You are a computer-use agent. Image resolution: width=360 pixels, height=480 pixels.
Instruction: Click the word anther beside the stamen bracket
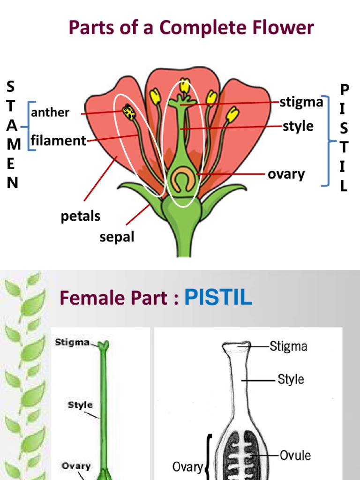coord(50,112)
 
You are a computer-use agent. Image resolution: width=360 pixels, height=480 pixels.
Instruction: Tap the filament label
coord(59,141)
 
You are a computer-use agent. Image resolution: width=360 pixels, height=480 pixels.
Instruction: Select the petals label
coord(81,216)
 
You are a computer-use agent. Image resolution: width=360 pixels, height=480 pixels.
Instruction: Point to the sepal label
coord(117,237)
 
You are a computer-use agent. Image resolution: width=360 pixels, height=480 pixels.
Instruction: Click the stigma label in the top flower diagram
coord(301,102)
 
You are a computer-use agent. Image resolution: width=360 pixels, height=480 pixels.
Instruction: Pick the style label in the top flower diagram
coord(298,126)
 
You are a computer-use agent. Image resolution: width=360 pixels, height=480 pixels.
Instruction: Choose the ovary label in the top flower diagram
coord(286,174)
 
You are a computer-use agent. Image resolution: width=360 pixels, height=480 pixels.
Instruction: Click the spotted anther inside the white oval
coord(129,112)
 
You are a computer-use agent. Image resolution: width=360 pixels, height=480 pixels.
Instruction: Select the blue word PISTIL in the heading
coord(218,298)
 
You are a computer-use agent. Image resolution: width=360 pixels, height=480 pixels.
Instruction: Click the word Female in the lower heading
coord(91,298)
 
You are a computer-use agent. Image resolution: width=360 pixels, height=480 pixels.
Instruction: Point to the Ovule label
coord(295,455)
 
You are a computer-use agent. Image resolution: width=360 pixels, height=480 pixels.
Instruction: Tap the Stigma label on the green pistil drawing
coord(72,342)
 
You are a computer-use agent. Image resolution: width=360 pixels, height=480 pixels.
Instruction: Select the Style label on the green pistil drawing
coord(80,405)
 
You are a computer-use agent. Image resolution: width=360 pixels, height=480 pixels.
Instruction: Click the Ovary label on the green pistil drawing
coord(76,466)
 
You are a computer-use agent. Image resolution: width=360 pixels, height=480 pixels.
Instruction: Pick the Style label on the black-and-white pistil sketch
coord(291,379)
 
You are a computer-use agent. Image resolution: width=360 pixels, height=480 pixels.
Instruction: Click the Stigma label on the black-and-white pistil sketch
coord(288,347)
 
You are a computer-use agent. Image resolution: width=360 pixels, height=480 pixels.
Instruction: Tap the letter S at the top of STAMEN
coord(11,86)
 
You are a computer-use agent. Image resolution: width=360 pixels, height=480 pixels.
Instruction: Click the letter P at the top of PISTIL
coord(345,89)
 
